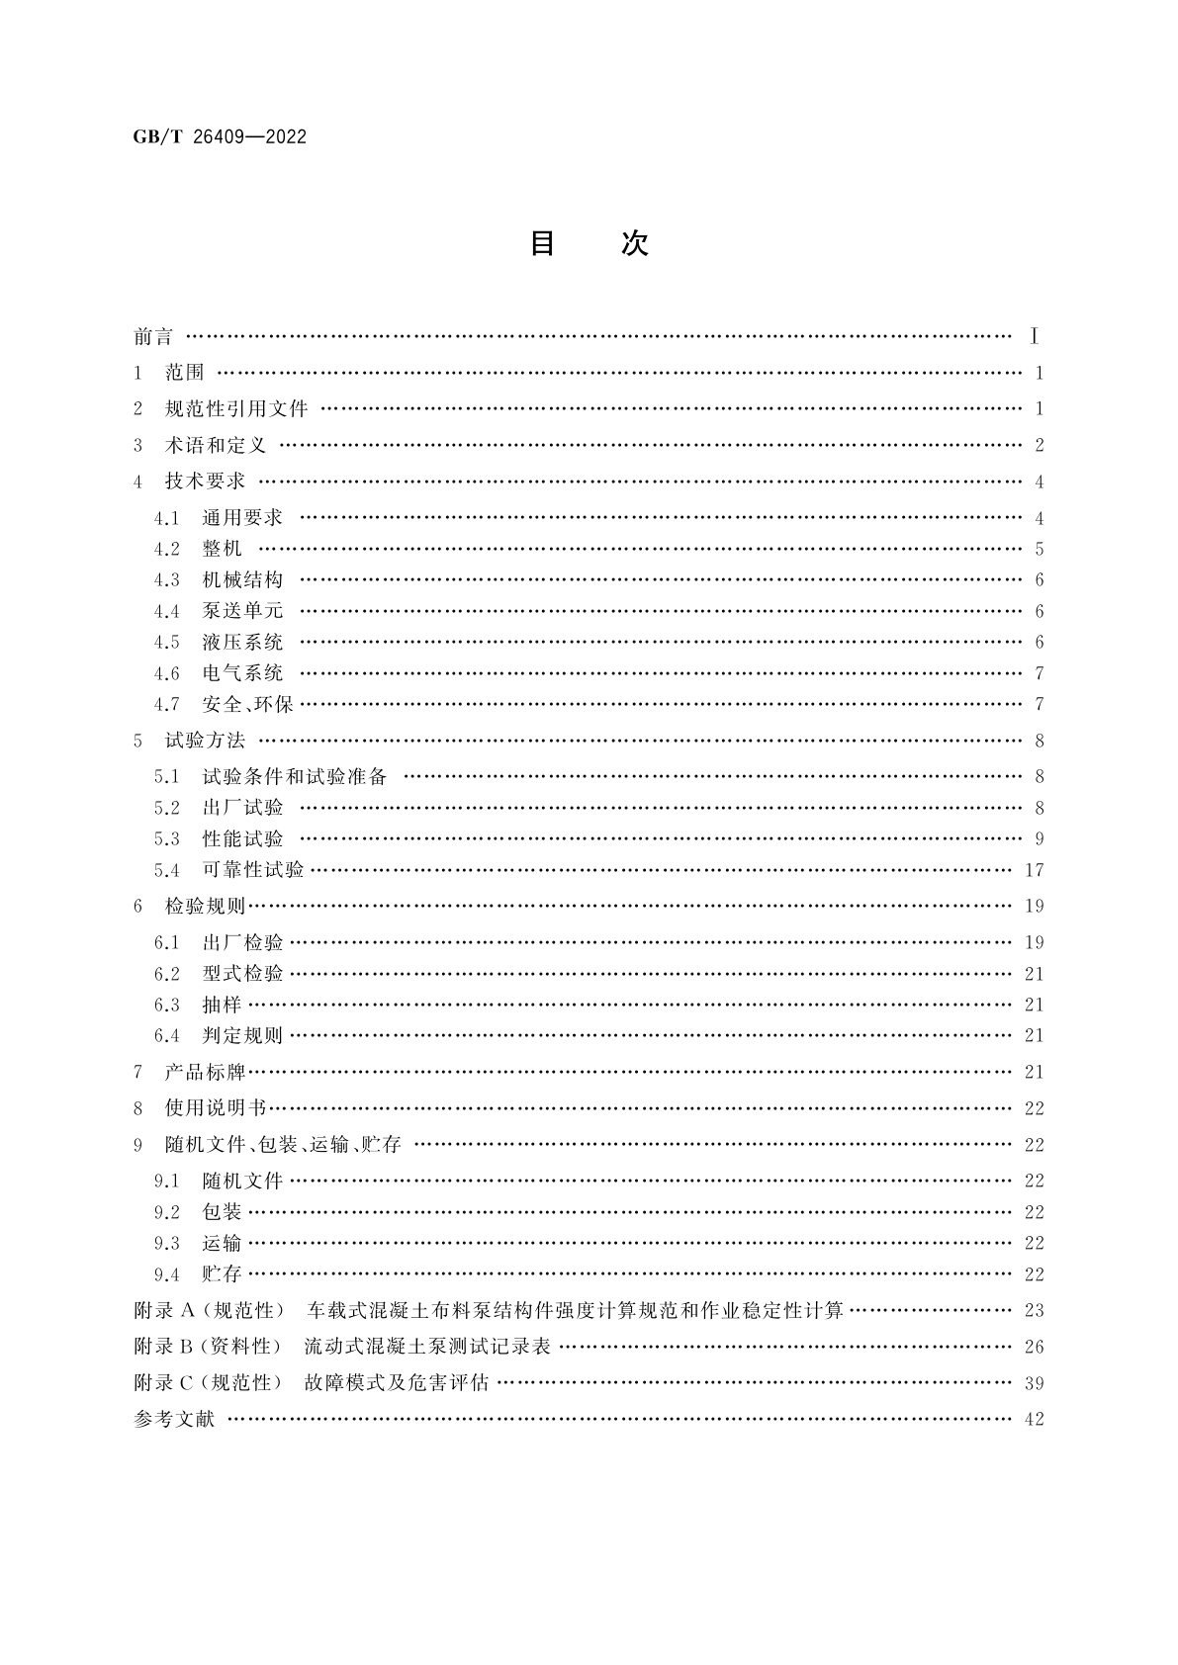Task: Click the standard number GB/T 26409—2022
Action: [220, 137]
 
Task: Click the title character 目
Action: [542, 243]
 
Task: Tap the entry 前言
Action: [153, 337]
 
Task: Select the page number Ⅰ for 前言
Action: [1035, 337]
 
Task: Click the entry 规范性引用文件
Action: [236, 409]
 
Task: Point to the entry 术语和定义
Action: [216, 446]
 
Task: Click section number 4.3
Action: [167, 580]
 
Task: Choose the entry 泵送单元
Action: [242, 611]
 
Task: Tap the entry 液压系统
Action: [242, 643]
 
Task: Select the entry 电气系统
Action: [242, 673]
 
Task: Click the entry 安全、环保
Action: [247, 705]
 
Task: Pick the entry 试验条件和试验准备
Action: [295, 777]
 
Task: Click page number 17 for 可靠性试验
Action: [1035, 871]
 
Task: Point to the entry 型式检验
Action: [242, 974]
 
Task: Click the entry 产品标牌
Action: [205, 1072]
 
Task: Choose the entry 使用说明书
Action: [216, 1108]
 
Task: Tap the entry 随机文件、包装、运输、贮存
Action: [283, 1145]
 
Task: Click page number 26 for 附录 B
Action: [1035, 1347]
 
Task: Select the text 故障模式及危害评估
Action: [397, 1383]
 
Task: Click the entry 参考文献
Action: [174, 1420]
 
